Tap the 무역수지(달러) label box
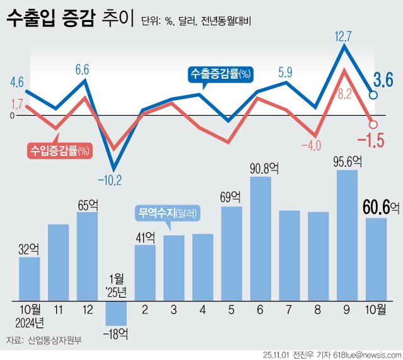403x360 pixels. pyautogui.click(x=167, y=213)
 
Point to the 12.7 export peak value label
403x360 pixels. pyautogui.click(x=343, y=37)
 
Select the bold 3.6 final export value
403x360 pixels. pyautogui.click(x=383, y=80)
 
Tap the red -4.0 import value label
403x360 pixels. pyautogui.click(x=310, y=146)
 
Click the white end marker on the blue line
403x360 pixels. pyautogui.click(x=373, y=95)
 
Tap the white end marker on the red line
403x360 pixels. pyautogui.click(x=372, y=125)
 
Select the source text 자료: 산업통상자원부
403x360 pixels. pyautogui.click(x=44, y=341)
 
